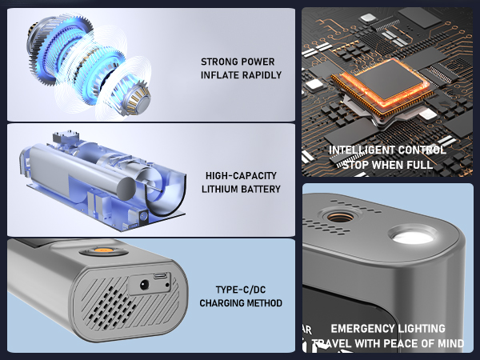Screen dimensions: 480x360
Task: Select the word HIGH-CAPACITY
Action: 241,176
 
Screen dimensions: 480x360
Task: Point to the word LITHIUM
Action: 219,189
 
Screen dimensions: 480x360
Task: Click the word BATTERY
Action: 261,189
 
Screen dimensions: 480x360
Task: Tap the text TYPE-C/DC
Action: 241,290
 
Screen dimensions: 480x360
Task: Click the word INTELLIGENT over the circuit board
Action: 355,150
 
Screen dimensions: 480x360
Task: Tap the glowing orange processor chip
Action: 382,85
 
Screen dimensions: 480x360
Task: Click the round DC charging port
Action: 144,286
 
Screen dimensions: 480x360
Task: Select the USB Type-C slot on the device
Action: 161,275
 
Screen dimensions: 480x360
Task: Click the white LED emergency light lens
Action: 412,236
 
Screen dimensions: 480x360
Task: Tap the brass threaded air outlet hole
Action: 341,217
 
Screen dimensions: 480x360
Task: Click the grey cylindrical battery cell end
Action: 126,189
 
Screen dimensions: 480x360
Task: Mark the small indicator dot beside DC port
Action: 167,285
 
